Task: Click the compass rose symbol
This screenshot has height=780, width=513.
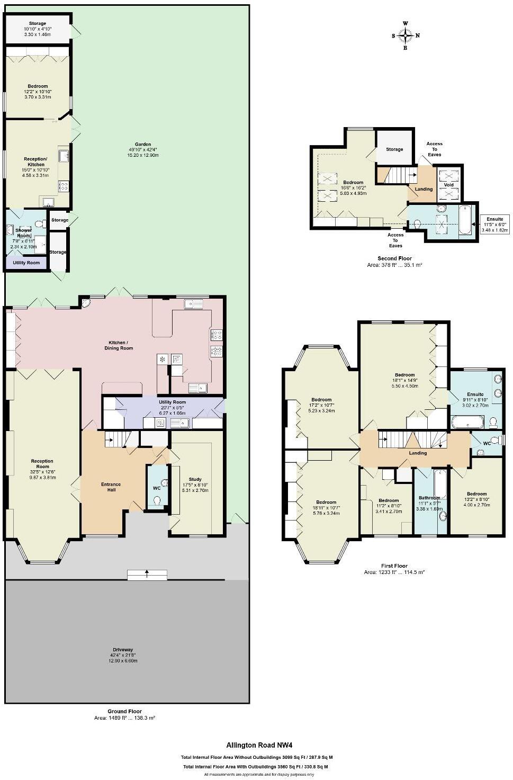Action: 406,35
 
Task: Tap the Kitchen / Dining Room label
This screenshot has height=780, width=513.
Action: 118,345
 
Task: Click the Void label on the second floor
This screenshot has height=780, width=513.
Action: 448,185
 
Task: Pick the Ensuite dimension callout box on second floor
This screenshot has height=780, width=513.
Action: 495,224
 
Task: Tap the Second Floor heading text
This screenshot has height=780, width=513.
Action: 394,258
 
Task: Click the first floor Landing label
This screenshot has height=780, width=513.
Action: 418,453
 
